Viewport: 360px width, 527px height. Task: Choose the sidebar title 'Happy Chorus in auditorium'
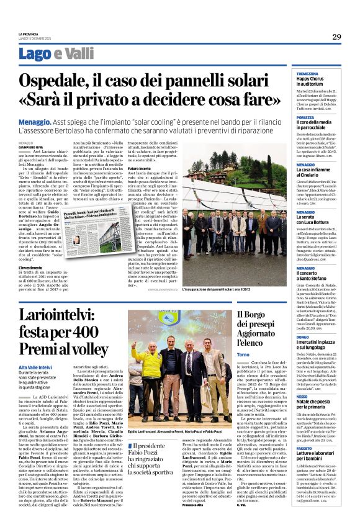314,83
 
